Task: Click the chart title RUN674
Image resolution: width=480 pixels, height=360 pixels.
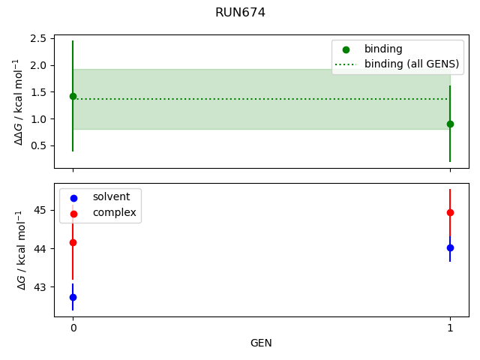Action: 240,13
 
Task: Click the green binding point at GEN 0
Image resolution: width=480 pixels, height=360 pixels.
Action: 73,96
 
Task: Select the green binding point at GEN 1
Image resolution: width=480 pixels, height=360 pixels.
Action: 450,124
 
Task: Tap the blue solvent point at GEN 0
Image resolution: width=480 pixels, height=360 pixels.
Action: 73,297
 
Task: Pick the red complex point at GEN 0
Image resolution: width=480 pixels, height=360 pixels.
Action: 73,242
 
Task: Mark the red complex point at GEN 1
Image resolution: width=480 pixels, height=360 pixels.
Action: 450,212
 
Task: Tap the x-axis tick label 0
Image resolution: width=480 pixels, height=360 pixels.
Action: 73,328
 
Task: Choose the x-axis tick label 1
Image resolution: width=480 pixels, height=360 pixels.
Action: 450,328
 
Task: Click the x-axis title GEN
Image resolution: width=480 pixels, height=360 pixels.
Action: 261,343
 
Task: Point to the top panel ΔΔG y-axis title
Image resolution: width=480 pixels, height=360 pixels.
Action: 18,101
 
